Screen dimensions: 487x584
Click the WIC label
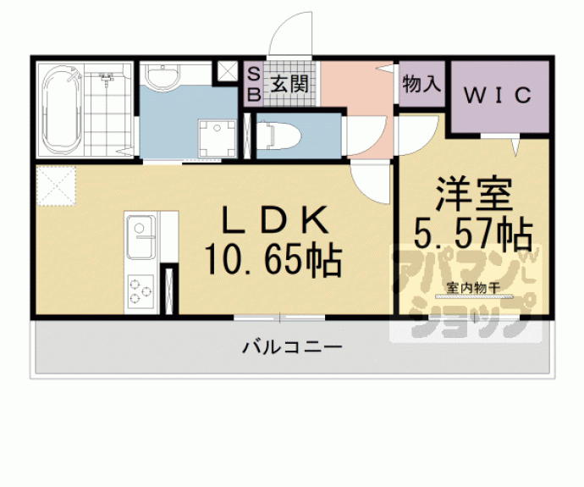(496, 94)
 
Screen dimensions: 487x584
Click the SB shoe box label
(253, 84)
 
